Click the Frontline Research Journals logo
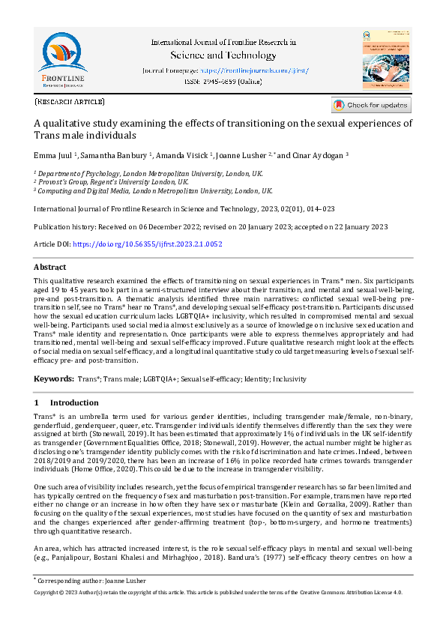click(63, 59)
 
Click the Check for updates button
click(372, 106)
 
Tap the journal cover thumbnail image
click(386, 59)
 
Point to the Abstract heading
click(50, 267)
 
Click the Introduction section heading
click(79, 403)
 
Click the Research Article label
click(70, 101)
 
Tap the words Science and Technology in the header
click(224, 55)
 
